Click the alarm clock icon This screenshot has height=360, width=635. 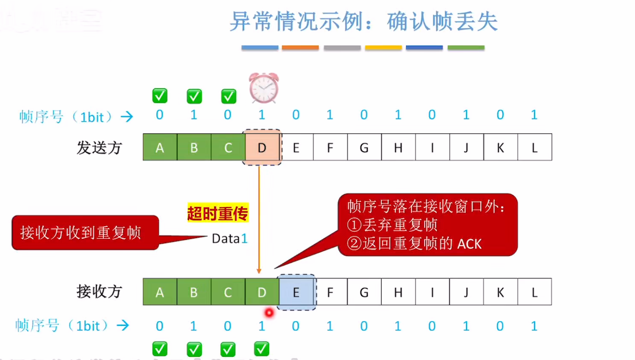(264, 88)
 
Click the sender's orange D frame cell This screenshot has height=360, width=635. (262, 147)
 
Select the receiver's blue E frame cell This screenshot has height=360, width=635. (296, 292)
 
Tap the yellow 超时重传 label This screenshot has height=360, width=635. (218, 213)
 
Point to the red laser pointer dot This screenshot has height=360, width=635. (269, 313)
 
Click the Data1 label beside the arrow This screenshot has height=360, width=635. (229, 239)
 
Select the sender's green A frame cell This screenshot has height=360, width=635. (160, 147)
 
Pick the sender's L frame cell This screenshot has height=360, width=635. (535, 147)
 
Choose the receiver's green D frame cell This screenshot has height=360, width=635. (262, 292)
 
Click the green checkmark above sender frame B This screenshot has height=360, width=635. (194, 96)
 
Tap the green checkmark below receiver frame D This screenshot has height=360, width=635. (262, 349)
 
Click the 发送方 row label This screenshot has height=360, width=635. (99, 148)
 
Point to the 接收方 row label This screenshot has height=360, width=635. (99, 292)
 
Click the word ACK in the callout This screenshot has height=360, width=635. (469, 244)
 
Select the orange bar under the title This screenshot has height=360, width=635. (300, 48)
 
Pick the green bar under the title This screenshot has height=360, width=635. (466, 48)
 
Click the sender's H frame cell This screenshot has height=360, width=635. (398, 147)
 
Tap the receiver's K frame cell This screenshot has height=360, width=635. (500, 292)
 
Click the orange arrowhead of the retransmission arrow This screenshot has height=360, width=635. (259, 271)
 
